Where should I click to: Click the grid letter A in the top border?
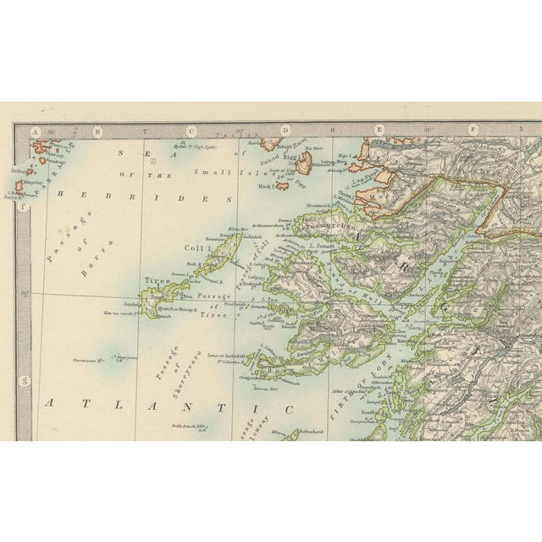[36, 131]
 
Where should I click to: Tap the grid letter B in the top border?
[97, 131]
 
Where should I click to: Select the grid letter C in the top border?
[191, 131]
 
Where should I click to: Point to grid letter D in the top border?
[285, 131]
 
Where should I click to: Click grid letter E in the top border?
[379, 131]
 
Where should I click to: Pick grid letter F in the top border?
[473, 131]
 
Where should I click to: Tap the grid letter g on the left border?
[25, 380]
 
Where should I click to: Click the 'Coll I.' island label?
[198, 248]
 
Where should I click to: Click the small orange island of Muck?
[282, 185]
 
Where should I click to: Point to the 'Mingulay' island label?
[26, 181]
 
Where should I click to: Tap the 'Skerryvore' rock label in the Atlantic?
[125, 357]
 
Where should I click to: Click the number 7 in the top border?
[145, 131]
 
